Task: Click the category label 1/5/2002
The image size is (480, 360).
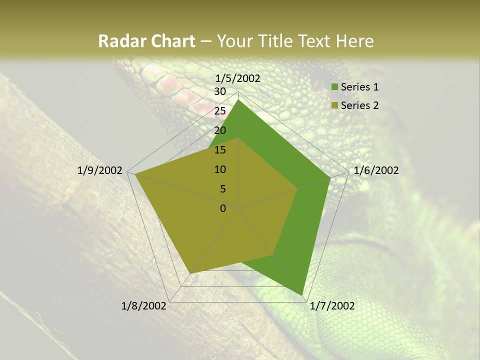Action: click(237, 78)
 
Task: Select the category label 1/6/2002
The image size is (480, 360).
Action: click(376, 170)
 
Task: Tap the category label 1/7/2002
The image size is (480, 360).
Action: click(332, 306)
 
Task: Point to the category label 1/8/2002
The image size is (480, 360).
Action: click(144, 306)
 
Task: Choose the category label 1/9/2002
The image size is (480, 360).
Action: click(100, 170)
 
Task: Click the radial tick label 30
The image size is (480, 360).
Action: click(220, 91)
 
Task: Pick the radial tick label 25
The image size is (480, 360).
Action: click(220, 111)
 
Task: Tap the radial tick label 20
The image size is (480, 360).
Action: click(220, 130)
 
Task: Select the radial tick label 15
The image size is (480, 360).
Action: click(220, 150)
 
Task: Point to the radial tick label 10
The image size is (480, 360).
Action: click(220, 169)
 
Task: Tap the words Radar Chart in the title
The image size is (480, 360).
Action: click(146, 41)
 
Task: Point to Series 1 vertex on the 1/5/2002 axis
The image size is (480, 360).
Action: click(238, 100)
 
